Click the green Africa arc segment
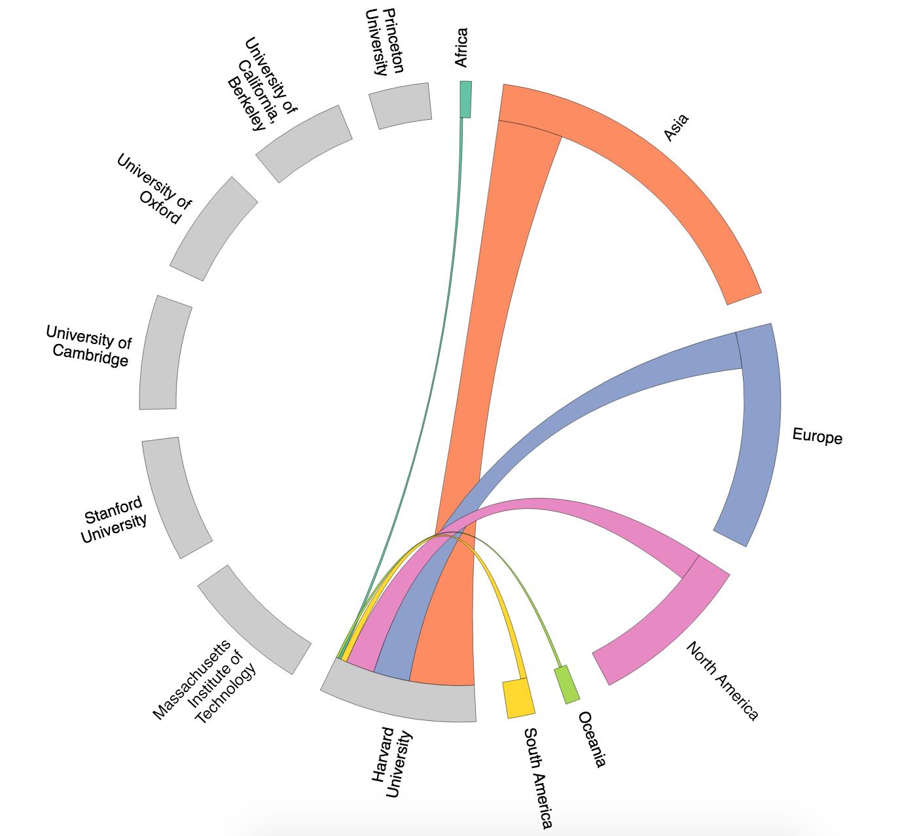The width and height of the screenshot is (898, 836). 465,99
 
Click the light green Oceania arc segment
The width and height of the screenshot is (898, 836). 567,684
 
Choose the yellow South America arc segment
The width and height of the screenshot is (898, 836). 518,698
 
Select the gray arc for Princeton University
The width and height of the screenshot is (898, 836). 401,105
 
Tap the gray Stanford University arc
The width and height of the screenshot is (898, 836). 175,497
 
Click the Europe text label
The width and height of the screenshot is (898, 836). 817,436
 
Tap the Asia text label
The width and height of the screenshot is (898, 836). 676,128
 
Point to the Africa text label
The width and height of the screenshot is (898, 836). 461,47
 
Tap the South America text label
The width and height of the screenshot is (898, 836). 539,778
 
